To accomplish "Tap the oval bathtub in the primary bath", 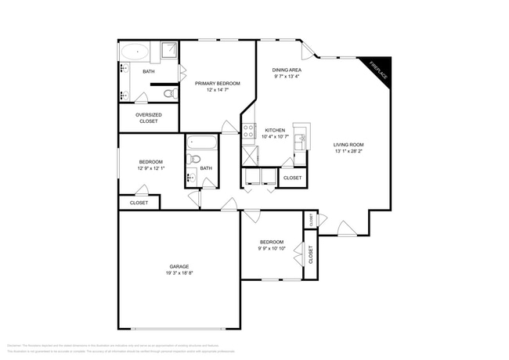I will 135,52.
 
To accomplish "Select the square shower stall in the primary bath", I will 169,52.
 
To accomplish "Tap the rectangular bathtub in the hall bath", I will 201,144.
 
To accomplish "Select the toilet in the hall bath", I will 194,160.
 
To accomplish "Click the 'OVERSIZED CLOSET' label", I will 148,119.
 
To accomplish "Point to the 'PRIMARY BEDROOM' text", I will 218,83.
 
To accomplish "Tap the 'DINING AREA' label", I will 287,70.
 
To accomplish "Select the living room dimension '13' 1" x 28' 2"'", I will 348,152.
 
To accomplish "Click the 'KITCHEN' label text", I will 275,130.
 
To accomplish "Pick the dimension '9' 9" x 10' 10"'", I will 272,249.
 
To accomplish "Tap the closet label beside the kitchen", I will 292,178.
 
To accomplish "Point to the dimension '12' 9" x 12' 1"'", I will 151,169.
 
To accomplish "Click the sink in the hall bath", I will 192,177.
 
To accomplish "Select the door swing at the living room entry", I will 345,228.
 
